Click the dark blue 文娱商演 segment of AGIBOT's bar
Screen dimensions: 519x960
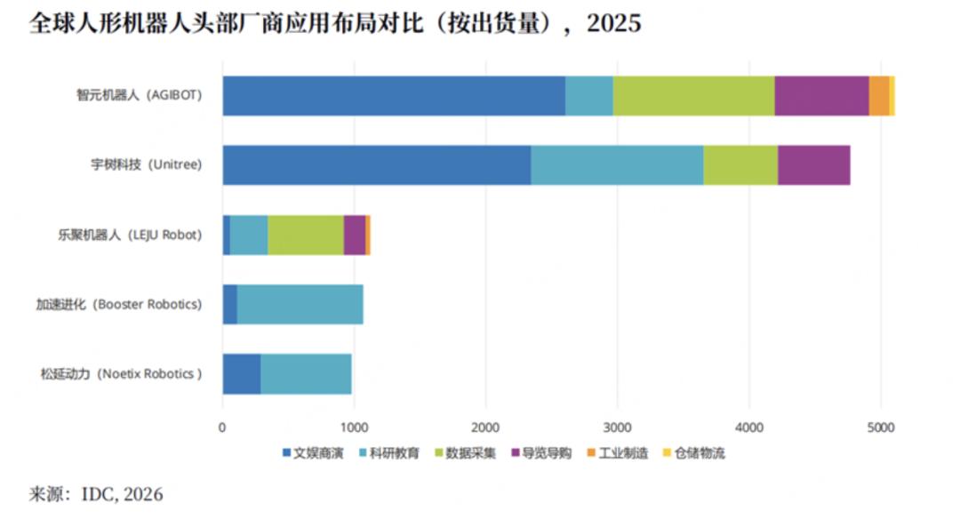click(x=393, y=96)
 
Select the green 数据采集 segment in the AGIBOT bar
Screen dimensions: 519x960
click(x=693, y=96)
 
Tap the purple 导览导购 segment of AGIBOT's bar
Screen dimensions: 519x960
click(x=821, y=96)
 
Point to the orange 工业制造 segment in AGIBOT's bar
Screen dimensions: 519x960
click(x=878, y=96)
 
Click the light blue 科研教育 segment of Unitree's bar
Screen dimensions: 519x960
click(x=617, y=165)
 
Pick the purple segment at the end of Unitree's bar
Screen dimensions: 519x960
click(x=813, y=165)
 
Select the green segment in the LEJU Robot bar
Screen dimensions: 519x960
click(x=305, y=235)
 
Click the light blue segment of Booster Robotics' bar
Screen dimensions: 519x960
click(x=300, y=305)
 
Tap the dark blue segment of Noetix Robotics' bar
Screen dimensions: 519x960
click(x=241, y=374)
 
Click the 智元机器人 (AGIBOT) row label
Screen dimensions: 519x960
click(x=139, y=96)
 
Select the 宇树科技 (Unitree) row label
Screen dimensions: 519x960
click(x=147, y=165)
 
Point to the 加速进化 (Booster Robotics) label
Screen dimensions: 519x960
click(x=118, y=305)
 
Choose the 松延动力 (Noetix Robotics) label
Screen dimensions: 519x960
click(x=121, y=374)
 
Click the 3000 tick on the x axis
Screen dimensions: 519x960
click(x=617, y=426)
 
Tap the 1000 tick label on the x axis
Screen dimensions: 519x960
click(x=354, y=426)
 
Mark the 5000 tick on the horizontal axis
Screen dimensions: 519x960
click(x=880, y=426)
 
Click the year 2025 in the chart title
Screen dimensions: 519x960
click(x=613, y=23)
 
